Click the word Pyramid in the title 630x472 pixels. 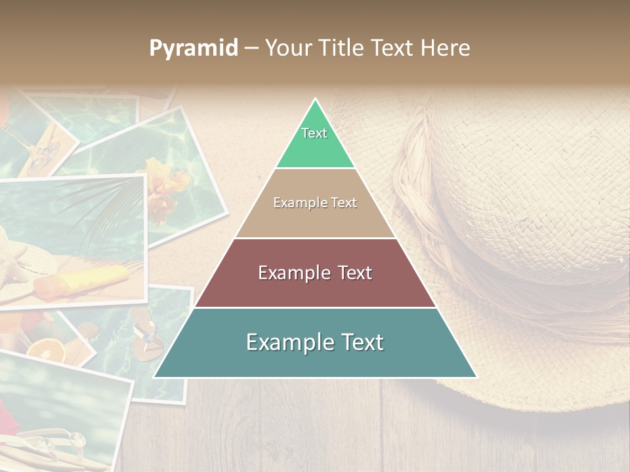click(193, 49)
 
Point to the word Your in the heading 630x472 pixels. click(287, 48)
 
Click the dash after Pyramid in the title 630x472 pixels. click(251, 49)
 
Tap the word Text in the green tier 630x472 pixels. click(314, 133)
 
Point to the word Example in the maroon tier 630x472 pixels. click(293, 273)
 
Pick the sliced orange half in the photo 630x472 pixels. click(47, 351)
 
